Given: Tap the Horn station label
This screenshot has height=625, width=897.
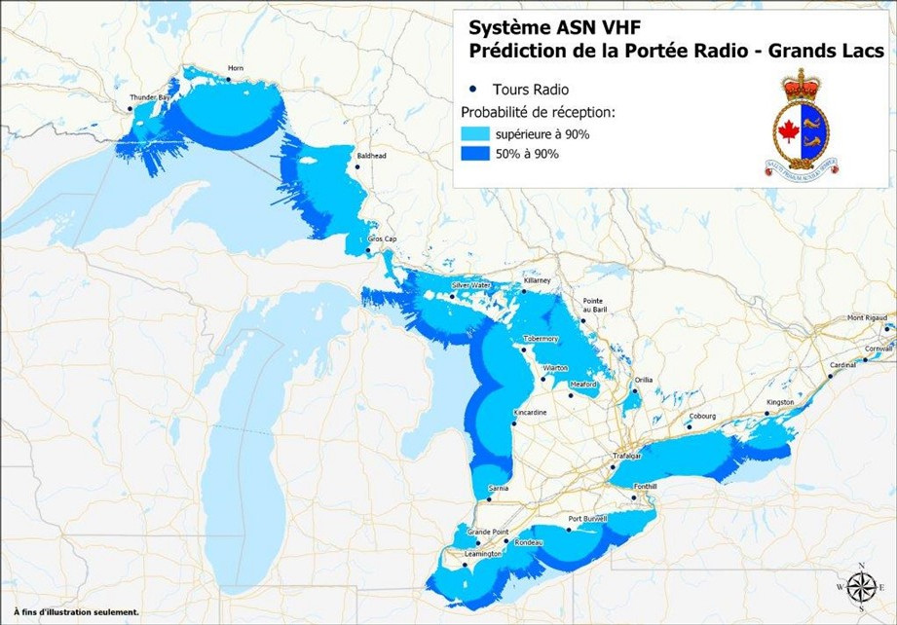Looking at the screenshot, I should tap(234, 68).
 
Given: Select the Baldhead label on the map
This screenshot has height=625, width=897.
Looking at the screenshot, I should tap(371, 156).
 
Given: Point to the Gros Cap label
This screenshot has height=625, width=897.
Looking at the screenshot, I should tap(381, 239).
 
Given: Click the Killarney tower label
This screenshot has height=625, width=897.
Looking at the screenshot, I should tap(537, 280).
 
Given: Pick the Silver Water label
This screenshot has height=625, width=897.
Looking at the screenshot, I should tap(469, 285).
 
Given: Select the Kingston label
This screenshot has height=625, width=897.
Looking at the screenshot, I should tap(780, 402).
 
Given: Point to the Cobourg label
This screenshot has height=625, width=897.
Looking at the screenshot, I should tap(702, 416).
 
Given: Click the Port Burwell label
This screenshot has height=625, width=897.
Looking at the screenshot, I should tap(588, 518).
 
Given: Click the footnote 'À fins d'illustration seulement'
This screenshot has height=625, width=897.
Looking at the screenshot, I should tap(76, 612).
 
